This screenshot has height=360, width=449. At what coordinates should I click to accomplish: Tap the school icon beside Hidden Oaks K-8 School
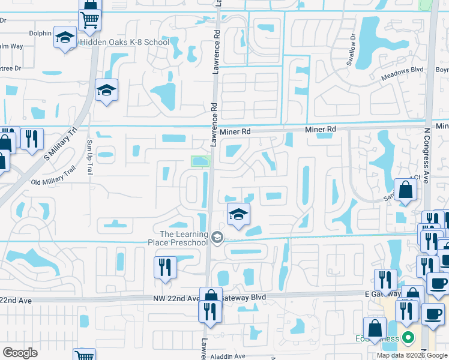[x=64, y=38]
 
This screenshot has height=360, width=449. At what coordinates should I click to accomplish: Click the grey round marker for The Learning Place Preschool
[x=217, y=238]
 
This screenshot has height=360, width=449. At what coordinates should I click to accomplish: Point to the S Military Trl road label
[x=62, y=146]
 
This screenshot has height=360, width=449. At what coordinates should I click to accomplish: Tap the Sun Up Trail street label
[x=90, y=157]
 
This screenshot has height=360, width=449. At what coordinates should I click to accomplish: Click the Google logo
[x=20, y=353]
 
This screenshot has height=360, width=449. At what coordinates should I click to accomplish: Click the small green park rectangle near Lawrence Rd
[x=200, y=161]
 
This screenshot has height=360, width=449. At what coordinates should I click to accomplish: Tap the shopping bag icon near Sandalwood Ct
[x=406, y=190]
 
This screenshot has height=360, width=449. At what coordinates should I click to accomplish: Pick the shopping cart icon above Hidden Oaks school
[x=90, y=20]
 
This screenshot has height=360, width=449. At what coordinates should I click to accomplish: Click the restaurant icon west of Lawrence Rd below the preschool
[x=165, y=267]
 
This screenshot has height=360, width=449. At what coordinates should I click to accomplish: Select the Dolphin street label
[x=40, y=33]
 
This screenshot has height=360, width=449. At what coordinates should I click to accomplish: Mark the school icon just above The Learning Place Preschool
[x=238, y=214]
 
